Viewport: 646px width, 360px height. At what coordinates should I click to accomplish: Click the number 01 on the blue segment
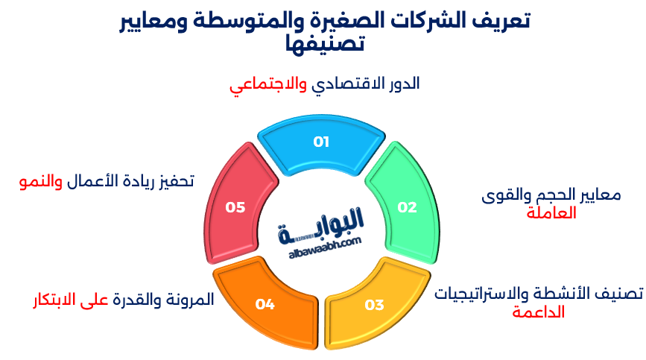(321, 142)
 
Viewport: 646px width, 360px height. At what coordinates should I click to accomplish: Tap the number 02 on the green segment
(407, 207)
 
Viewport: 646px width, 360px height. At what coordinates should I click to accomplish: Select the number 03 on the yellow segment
(374, 305)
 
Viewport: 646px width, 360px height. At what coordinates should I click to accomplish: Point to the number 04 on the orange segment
(265, 304)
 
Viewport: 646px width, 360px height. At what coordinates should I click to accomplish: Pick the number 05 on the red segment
(235, 207)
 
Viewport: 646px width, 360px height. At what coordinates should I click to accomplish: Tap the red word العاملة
(551, 213)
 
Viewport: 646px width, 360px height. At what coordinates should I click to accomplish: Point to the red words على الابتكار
(70, 300)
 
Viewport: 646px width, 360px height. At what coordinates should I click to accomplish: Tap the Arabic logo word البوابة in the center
(322, 226)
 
